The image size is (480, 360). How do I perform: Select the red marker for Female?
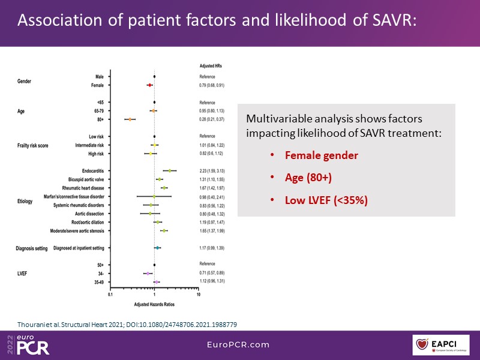[149, 85]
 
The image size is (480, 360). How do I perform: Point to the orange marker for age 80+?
[130, 119]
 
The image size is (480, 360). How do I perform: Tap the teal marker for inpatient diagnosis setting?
[157, 247]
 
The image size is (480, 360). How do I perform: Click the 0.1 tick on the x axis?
[110, 294]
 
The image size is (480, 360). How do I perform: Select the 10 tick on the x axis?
[198, 294]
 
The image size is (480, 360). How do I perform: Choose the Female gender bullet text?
[322, 156]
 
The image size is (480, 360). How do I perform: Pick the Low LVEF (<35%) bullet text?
[326, 200]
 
